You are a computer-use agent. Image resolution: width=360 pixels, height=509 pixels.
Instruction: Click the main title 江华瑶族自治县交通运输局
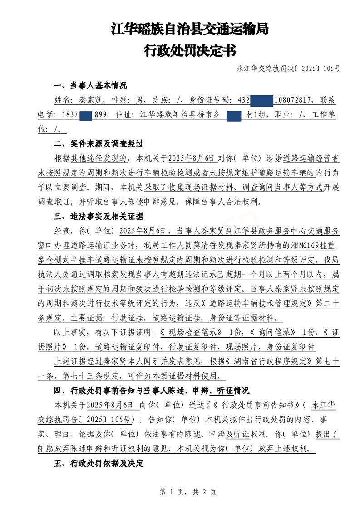pyautogui.click(x=190, y=29)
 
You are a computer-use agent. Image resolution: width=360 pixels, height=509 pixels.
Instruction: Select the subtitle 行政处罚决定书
pyautogui.click(x=190, y=50)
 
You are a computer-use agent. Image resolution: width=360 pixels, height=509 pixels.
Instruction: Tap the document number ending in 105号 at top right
pyautogui.click(x=289, y=69)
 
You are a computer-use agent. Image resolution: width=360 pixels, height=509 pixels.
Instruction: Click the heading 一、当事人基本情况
pyautogui.click(x=90, y=86)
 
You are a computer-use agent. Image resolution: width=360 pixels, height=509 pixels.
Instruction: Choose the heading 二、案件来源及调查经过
pyautogui.click(x=99, y=144)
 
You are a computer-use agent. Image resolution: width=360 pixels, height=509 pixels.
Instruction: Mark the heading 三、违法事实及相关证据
pyautogui.click(x=99, y=216)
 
